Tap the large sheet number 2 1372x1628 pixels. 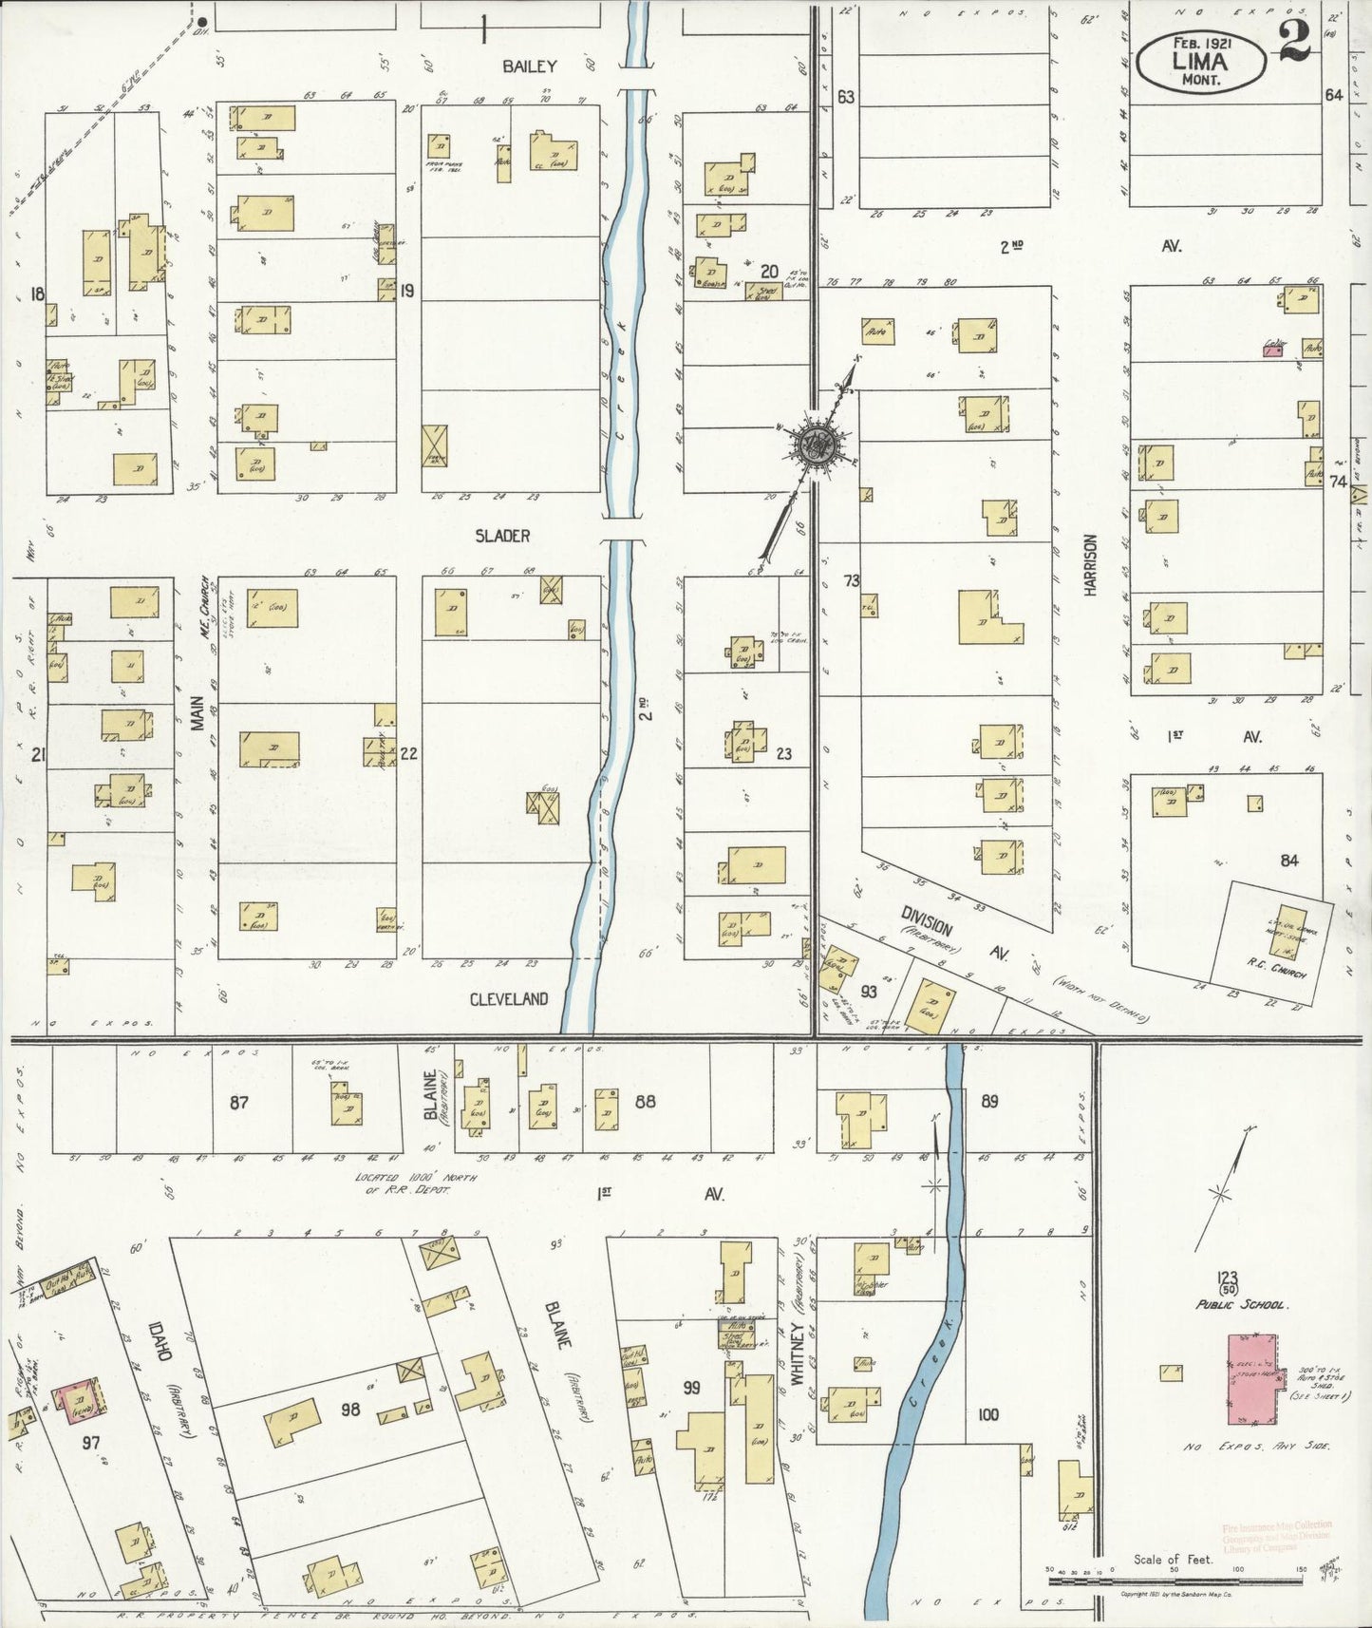pos(1294,40)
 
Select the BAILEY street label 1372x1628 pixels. pos(529,66)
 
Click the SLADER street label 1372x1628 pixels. pos(502,536)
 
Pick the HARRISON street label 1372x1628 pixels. pos(1089,564)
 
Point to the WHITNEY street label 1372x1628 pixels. pos(798,1341)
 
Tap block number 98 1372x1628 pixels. pos(350,1410)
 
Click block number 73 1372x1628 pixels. pos(851,580)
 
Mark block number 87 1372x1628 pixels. pos(238,1102)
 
